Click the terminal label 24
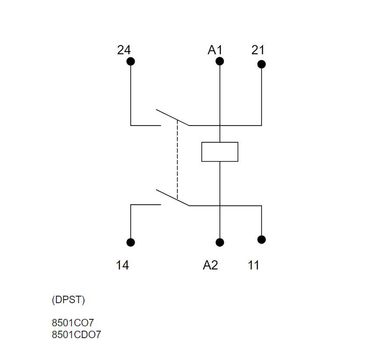[x=124, y=50]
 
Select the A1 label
[x=215, y=50]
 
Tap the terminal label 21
[x=258, y=50]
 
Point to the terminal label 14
[x=122, y=265]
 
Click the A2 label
[x=210, y=265]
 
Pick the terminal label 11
[x=254, y=265]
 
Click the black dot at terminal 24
[x=130, y=61]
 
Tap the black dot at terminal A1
[x=220, y=61]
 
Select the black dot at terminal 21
[x=261, y=64]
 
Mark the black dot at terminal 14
[x=130, y=242]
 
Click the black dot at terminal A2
[x=220, y=242]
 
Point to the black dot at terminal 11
[x=261, y=239]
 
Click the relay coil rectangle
[x=220, y=152]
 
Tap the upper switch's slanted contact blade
[x=172, y=117]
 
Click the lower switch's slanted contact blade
[x=172, y=197]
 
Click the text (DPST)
[x=68, y=301]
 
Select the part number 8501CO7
[x=73, y=323]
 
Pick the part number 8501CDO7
[x=77, y=335]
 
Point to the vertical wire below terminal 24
[x=130, y=94]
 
